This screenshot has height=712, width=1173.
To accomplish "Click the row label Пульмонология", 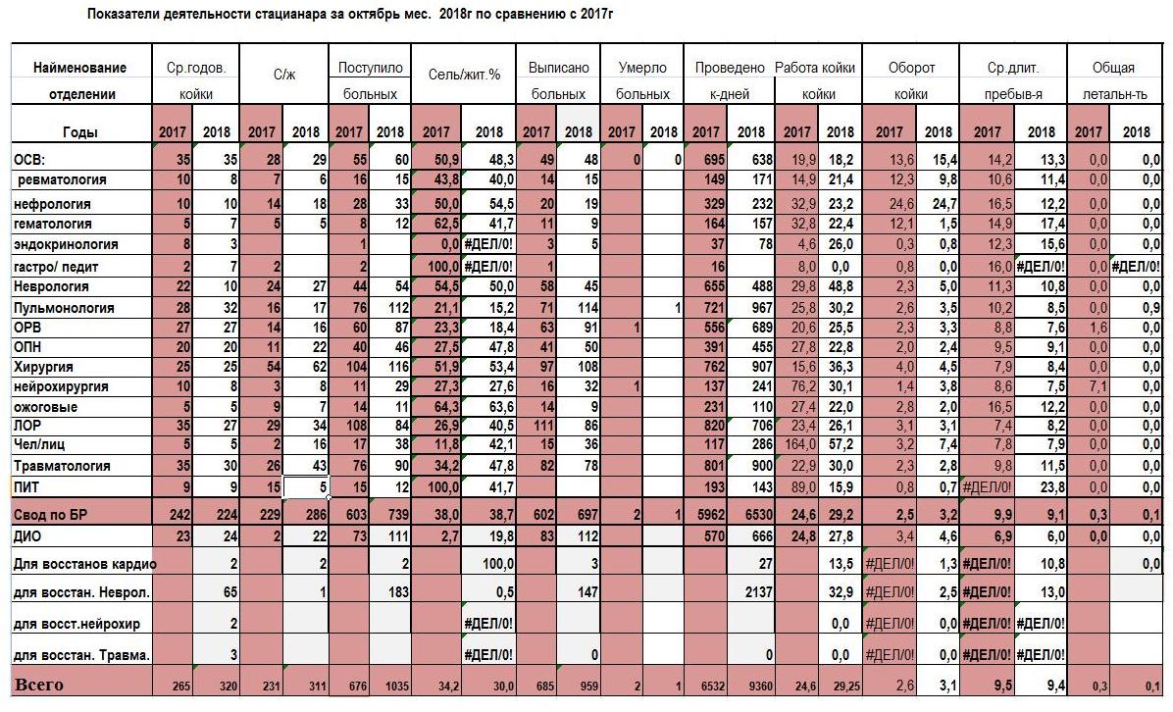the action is click(x=64, y=307).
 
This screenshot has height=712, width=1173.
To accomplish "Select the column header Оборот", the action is click(x=911, y=68).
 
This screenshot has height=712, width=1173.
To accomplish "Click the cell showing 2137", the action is click(x=758, y=591).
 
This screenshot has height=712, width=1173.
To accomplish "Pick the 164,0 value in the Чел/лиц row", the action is click(x=799, y=444).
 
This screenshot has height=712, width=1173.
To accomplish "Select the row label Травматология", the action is click(x=62, y=465).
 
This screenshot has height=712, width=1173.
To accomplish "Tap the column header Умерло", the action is click(x=642, y=68).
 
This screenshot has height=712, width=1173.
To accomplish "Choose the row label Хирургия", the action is click(x=43, y=367).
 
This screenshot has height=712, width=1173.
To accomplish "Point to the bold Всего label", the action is click(x=39, y=685).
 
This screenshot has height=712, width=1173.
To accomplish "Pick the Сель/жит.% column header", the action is click(x=464, y=75).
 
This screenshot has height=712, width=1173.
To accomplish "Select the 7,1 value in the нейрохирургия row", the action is click(x=1097, y=386).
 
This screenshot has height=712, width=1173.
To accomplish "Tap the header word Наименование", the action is click(x=80, y=68).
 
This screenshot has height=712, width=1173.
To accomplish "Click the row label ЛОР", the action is click(x=27, y=425).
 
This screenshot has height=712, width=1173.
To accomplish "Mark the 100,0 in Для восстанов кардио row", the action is click(x=498, y=563).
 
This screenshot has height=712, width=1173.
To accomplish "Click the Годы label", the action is click(x=80, y=131).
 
